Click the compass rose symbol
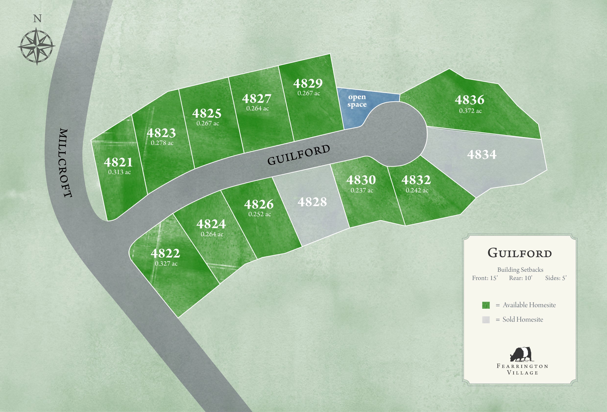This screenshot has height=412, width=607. pyautogui.click(x=36, y=47)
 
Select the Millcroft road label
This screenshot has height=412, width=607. pyautogui.click(x=65, y=163)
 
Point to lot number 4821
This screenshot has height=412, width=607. pyautogui.click(x=118, y=162)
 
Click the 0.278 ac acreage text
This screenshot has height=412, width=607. pyautogui.click(x=162, y=143)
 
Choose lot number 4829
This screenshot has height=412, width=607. pyautogui.click(x=308, y=83)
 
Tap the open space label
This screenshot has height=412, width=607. pyautogui.click(x=357, y=101)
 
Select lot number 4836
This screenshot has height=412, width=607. pyautogui.click(x=469, y=100)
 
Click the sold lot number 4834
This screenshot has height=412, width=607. pyautogui.click(x=482, y=154)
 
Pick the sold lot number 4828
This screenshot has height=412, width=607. pyautogui.click(x=312, y=202)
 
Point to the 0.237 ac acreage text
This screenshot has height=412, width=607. pyautogui.click(x=362, y=190)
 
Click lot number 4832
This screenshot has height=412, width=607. pyautogui.click(x=416, y=180)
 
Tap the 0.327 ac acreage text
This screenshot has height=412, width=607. pyautogui.click(x=166, y=264)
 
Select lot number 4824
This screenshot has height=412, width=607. pyautogui.click(x=211, y=224)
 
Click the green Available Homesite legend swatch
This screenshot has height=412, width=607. pyautogui.click(x=486, y=305)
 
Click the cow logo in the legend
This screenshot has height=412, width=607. pyautogui.click(x=521, y=354)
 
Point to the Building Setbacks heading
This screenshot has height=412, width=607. pyautogui.click(x=520, y=270)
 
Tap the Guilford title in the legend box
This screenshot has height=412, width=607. pyautogui.click(x=520, y=253)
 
